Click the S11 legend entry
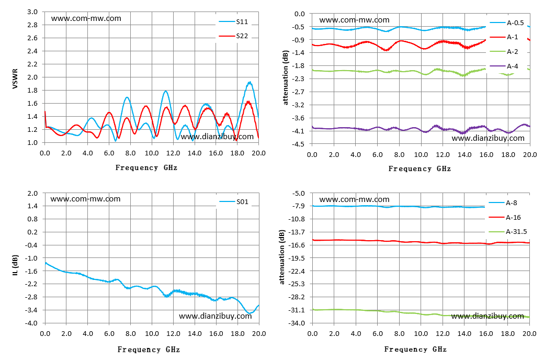point(233,21)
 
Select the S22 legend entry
point(233,36)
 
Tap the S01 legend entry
point(234,201)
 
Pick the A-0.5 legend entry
point(507,23)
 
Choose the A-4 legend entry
point(504,66)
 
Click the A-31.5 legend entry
point(508,232)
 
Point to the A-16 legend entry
point(505,217)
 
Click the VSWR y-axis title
point(15,79)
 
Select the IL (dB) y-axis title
point(15,265)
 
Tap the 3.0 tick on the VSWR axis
point(32,12)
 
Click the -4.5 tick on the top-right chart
point(299,144)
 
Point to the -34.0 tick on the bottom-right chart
point(297,323)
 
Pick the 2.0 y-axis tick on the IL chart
point(32,194)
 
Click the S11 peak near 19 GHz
point(250,82)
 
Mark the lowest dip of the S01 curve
point(249,313)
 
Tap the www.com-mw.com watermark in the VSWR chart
point(86,18)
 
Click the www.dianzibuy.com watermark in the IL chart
point(215,316)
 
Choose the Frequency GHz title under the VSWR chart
point(146,167)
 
